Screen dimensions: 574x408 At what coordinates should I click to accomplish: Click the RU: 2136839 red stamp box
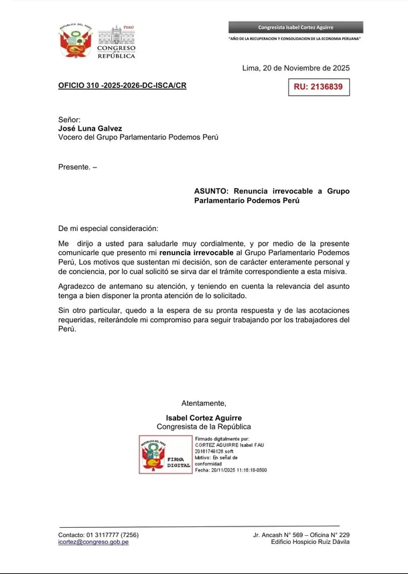pyautogui.click(x=318, y=87)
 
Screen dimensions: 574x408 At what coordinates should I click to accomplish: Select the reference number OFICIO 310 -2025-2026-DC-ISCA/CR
pyautogui.click(x=122, y=86)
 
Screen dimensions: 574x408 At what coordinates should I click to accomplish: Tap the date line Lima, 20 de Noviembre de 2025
pyautogui.click(x=295, y=68)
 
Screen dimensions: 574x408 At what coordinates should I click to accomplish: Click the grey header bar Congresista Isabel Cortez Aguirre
pyautogui.click(x=295, y=27)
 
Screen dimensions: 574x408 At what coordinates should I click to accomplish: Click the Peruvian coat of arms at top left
pyautogui.click(x=74, y=42)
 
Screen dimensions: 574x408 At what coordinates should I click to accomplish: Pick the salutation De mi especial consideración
pyautogui.click(x=109, y=228)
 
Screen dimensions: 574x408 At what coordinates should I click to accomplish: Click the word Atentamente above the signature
pyautogui.click(x=204, y=403)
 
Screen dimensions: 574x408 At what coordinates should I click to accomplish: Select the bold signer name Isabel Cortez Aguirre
pyautogui.click(x=204, y=417)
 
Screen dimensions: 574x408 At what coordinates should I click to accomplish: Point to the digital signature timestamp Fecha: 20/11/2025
pyautogui.click(x=230, y=470)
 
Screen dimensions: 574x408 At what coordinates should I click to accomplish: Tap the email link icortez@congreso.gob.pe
pyautogui.click(x=93, y=542)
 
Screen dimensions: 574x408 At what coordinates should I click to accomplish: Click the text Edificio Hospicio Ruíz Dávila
pyautogui.click(x=310, y=542)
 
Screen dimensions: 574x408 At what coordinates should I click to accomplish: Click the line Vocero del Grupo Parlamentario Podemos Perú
pyautogui.click(x=138, y=137)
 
